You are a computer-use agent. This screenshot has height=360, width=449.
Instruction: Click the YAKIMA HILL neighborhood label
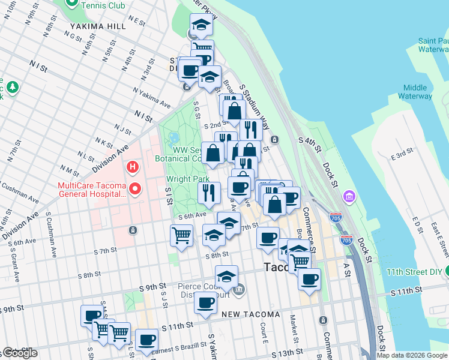click(97, 26)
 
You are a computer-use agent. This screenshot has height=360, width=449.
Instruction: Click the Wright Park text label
click(187, 179)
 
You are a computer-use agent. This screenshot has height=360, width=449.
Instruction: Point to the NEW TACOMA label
click(250, 314)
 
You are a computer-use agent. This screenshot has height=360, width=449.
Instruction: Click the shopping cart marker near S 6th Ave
click(181, 235)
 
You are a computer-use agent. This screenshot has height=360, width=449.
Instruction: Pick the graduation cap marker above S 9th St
click(226, 277)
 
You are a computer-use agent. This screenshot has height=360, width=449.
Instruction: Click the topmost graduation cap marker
click(202, 25)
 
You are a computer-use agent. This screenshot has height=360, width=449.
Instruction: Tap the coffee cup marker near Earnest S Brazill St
click(146, 340)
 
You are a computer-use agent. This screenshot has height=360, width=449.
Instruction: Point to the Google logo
click(20, 353)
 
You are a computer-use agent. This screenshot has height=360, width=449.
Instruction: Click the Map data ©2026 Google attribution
click(412, 355)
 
